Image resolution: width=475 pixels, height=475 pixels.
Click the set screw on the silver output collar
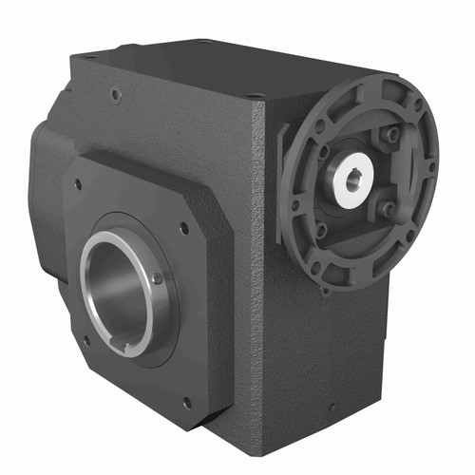(x=157, y=278)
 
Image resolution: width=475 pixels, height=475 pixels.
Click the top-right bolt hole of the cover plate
(x=184, y=228)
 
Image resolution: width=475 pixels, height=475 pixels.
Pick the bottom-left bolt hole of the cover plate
(x=85, y=339)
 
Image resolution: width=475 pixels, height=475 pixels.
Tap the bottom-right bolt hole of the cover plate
(x=186, y=402)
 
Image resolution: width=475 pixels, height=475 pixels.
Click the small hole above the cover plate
(x=115, y=95)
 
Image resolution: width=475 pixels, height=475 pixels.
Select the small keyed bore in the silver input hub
(x=352, y=178)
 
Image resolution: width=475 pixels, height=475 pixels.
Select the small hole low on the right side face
(x=331, y=407)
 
